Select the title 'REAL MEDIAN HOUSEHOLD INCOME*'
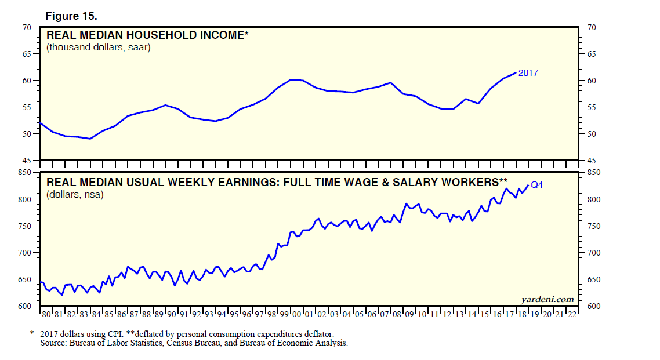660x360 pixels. click(x=147, y=36)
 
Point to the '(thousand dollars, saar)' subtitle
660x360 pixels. click(x=99, y=48)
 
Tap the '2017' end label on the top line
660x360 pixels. click(x=528, y=73)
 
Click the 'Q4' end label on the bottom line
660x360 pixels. click(x=536, y=185)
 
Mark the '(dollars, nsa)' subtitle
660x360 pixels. click(x=75, y=194)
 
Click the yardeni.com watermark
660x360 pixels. click(x=547, y=299)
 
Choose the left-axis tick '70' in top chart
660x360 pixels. click(x=27, y=27)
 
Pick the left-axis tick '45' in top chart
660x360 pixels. click(x=27, y=161)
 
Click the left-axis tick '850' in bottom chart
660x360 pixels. click(x=24, y=173)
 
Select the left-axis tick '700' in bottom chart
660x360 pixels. click(x=24, y=253)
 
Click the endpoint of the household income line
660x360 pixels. click(x=515, y=73)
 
